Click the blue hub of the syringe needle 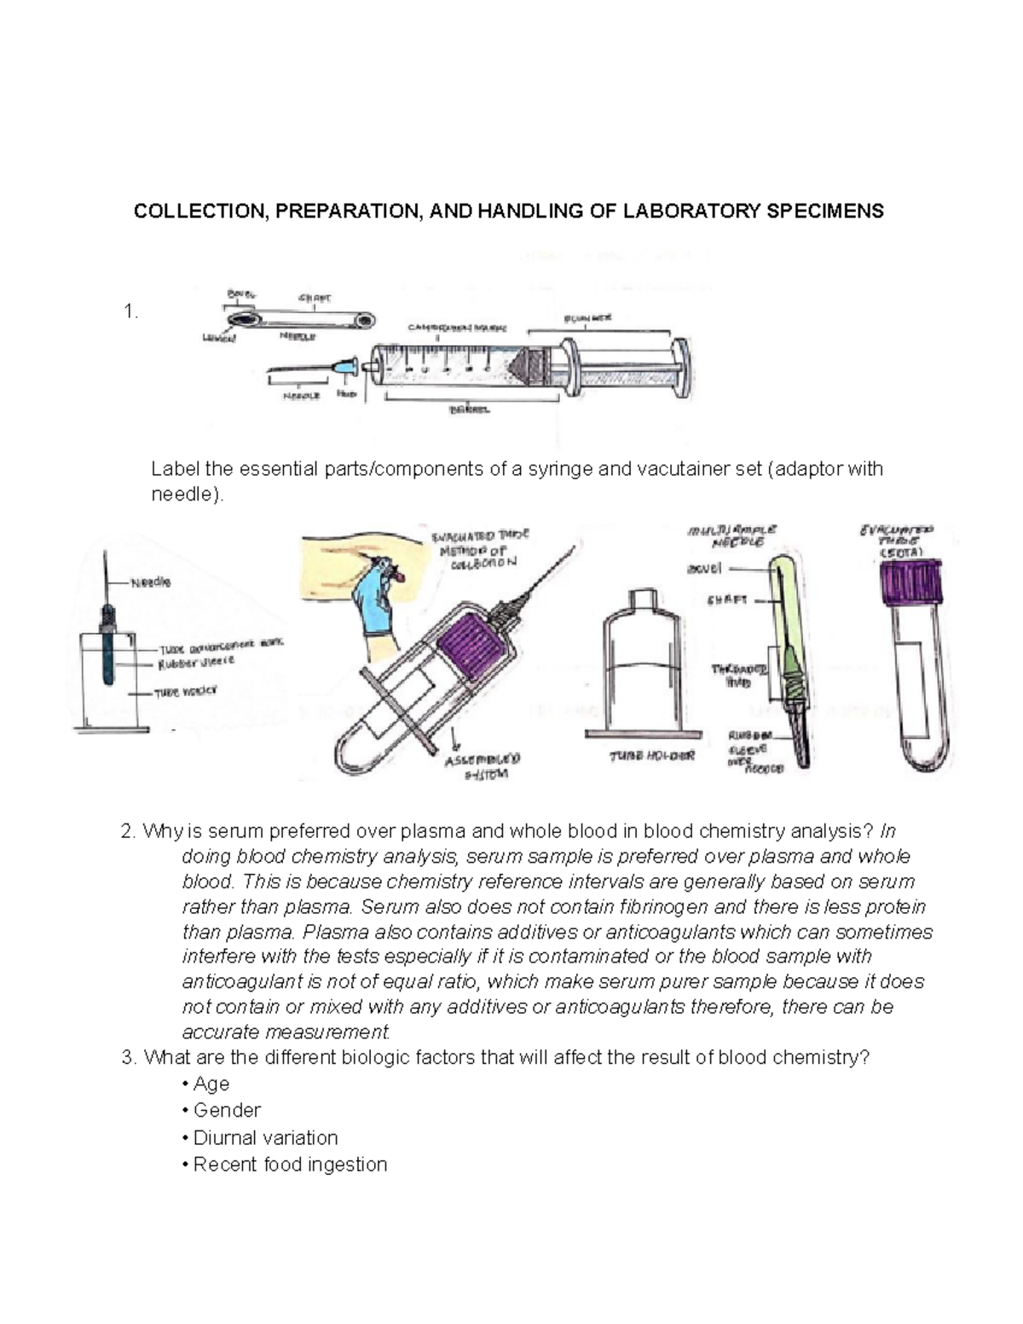[x=346, y=367]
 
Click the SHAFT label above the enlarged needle [x=314, y=298]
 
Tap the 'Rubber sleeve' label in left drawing [x=196, y=662]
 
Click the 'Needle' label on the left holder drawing [x=150, y=582]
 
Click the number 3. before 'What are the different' [x=129, y=1058]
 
